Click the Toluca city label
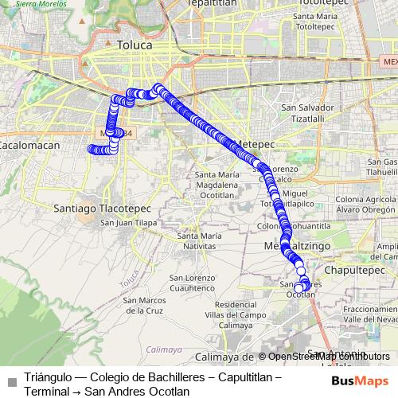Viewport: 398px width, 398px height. [x=134, y=45]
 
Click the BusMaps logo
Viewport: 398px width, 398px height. [x=360, y=380]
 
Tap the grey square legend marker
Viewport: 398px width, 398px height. [x=11, y=381]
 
